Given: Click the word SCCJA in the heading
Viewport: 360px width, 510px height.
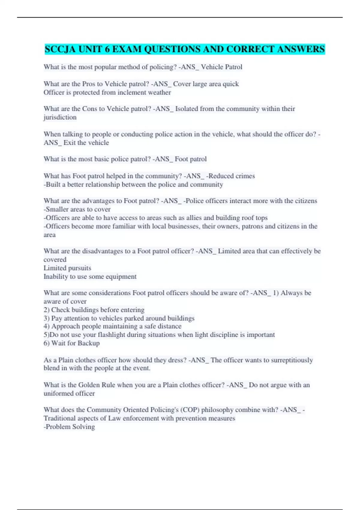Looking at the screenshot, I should [x=60, y=49].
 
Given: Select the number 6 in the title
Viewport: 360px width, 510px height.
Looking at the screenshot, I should [x=107, y=49].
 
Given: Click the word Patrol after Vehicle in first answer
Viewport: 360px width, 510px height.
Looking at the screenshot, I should [x=233, y=67].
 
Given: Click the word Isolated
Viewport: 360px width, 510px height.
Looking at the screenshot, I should [x=187, y=109].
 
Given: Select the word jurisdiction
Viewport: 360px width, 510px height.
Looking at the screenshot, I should [x=60, y=117].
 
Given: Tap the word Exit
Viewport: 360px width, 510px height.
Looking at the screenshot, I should [x=70, y=143].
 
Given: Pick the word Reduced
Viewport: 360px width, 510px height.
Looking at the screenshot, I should [x=221, y=176].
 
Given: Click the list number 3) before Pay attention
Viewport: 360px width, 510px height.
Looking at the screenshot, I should [x=46, y=318].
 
